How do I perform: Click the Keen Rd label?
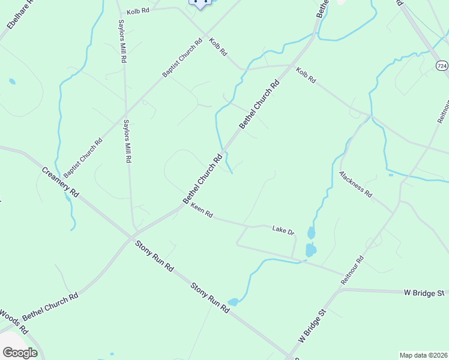pyautogui.click(x=202, y=210)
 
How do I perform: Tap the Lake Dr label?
pyautogui.click(x=283, y=230)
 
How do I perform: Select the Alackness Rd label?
pyautogui.click(x=356, y=184)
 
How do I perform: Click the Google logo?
pyautogui.click(x=20, y=353)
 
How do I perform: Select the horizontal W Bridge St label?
pyautogui.click(x=424, y=293)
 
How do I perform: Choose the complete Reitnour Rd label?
pyautogui.click(x=352, y=270)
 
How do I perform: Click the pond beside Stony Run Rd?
pyautogui.click(x=234, y=302)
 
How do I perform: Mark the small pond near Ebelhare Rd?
pyautogui.click(x=12, y=81)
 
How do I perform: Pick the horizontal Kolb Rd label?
pyautogui.click(x=137, y=11)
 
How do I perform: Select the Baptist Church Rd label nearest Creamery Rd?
pyautogui.click(x=83, y=158)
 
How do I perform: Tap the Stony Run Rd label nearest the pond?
pyautogui.click(x=210, y=298)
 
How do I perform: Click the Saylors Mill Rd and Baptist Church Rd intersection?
pyautogui.click(x=125, y=112)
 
